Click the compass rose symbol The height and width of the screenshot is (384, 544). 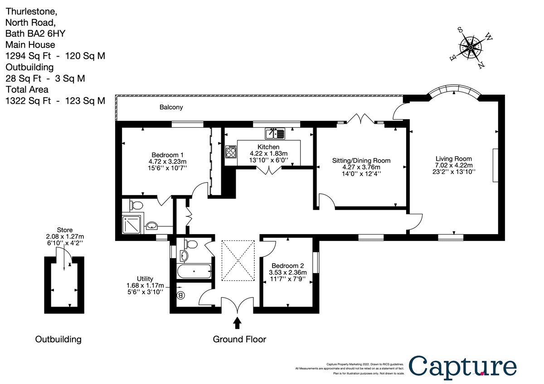pos(471,47)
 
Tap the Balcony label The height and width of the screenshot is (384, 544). pos(171,107)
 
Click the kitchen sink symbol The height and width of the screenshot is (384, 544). pos(275,133)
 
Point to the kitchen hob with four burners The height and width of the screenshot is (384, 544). pos(231,151)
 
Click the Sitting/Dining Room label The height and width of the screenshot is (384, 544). pos(361,160)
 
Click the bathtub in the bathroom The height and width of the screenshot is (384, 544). pos(194,272)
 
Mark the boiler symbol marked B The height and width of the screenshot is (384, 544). pos(181,296)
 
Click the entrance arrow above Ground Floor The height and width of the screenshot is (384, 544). pos(237,323)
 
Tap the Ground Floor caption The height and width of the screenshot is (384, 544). pos(239,339)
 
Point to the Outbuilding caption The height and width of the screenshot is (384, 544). pos(58,339)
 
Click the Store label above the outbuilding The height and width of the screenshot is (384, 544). pos(64,230)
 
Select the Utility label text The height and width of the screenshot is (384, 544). pos(145,278)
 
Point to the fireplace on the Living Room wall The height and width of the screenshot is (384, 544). pos(495,165)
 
